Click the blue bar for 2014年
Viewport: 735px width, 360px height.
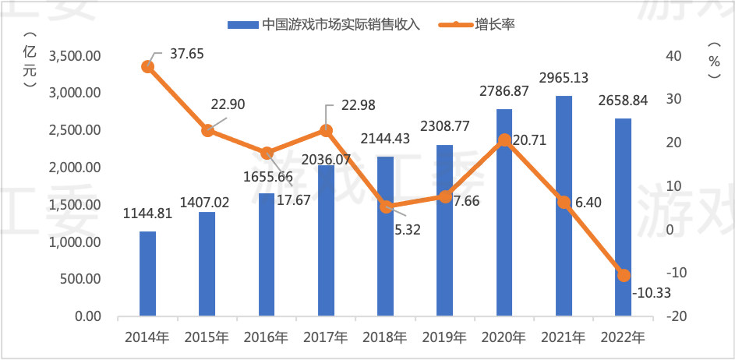click(x=147, y=274)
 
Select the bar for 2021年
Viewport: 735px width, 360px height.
click(x=564, y=206)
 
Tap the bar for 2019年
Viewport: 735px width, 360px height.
click(x=444, y=231)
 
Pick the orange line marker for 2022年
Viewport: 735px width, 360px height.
click(x=623, y=275)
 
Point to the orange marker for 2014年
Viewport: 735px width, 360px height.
click(x=147, y=67)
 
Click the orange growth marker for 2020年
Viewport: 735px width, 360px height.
click(x=504, y=140)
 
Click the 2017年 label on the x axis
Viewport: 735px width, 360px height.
click(x=325, y=338)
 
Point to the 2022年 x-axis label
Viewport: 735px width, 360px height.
click(x=623, y=338)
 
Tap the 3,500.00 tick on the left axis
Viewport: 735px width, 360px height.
click(x=75, y=56)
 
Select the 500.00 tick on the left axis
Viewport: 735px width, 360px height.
click(x=80, y=279)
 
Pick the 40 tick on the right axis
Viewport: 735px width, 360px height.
click(x=673, y=56)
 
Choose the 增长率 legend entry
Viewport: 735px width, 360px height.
click(x=496, y=24)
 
